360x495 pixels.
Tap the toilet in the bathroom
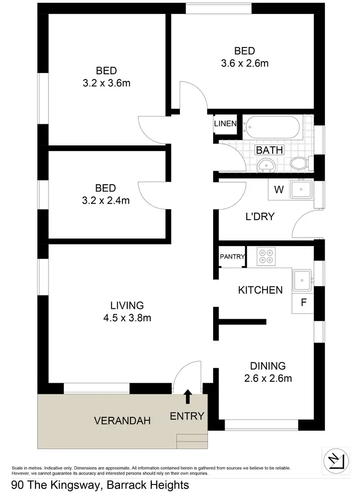(299, 163)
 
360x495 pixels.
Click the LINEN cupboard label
(225, 124)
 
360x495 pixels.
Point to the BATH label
(269, 150)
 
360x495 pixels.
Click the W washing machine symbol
(278, 189)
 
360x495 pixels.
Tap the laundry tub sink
(301, 189)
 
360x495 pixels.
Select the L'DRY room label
(260, 216)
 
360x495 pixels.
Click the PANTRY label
(232, 257)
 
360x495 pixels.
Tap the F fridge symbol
(303, 303)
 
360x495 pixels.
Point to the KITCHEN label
(260, 290)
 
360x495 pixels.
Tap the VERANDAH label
(122, 421)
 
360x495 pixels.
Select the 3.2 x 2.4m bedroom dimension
(106, 200)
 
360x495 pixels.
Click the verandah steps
(192, 441)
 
